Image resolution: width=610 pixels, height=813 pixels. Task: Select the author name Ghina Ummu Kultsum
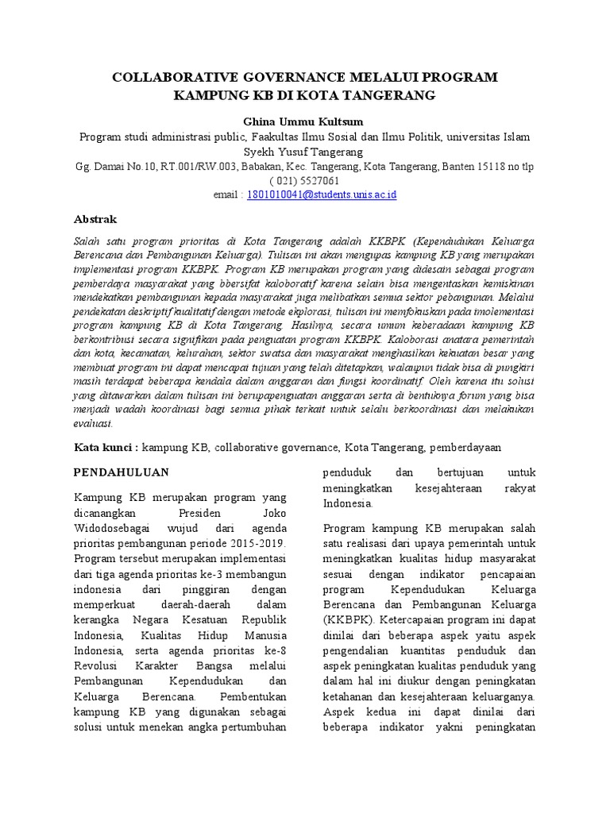click(x=304, y=121)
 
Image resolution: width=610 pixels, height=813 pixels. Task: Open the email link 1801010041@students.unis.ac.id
click(x=322, y=195)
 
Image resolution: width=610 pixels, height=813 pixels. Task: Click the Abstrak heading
click(x=95, y=219)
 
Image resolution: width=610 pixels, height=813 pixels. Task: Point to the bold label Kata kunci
click(x=106, y=447)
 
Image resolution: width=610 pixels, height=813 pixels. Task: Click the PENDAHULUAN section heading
click(x=122, y=472)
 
